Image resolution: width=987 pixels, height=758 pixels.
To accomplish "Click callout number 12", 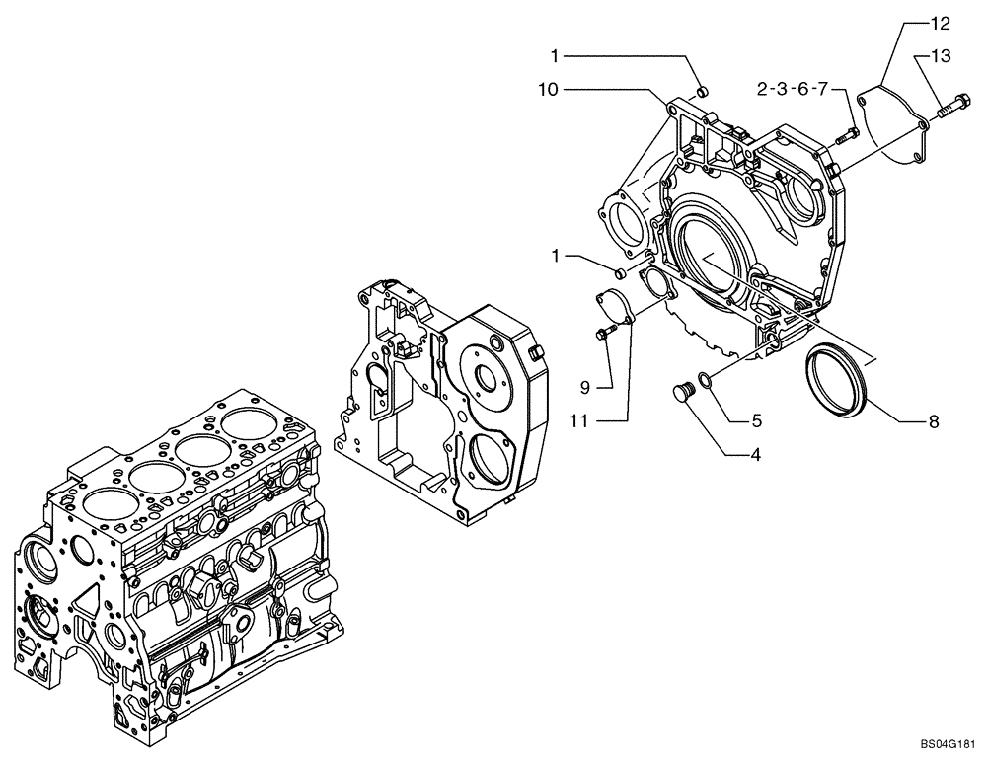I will [x=939, y=21].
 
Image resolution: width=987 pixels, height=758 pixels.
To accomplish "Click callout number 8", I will [x=933, y=421].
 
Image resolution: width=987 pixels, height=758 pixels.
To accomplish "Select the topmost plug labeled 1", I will [x=702, y=92].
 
